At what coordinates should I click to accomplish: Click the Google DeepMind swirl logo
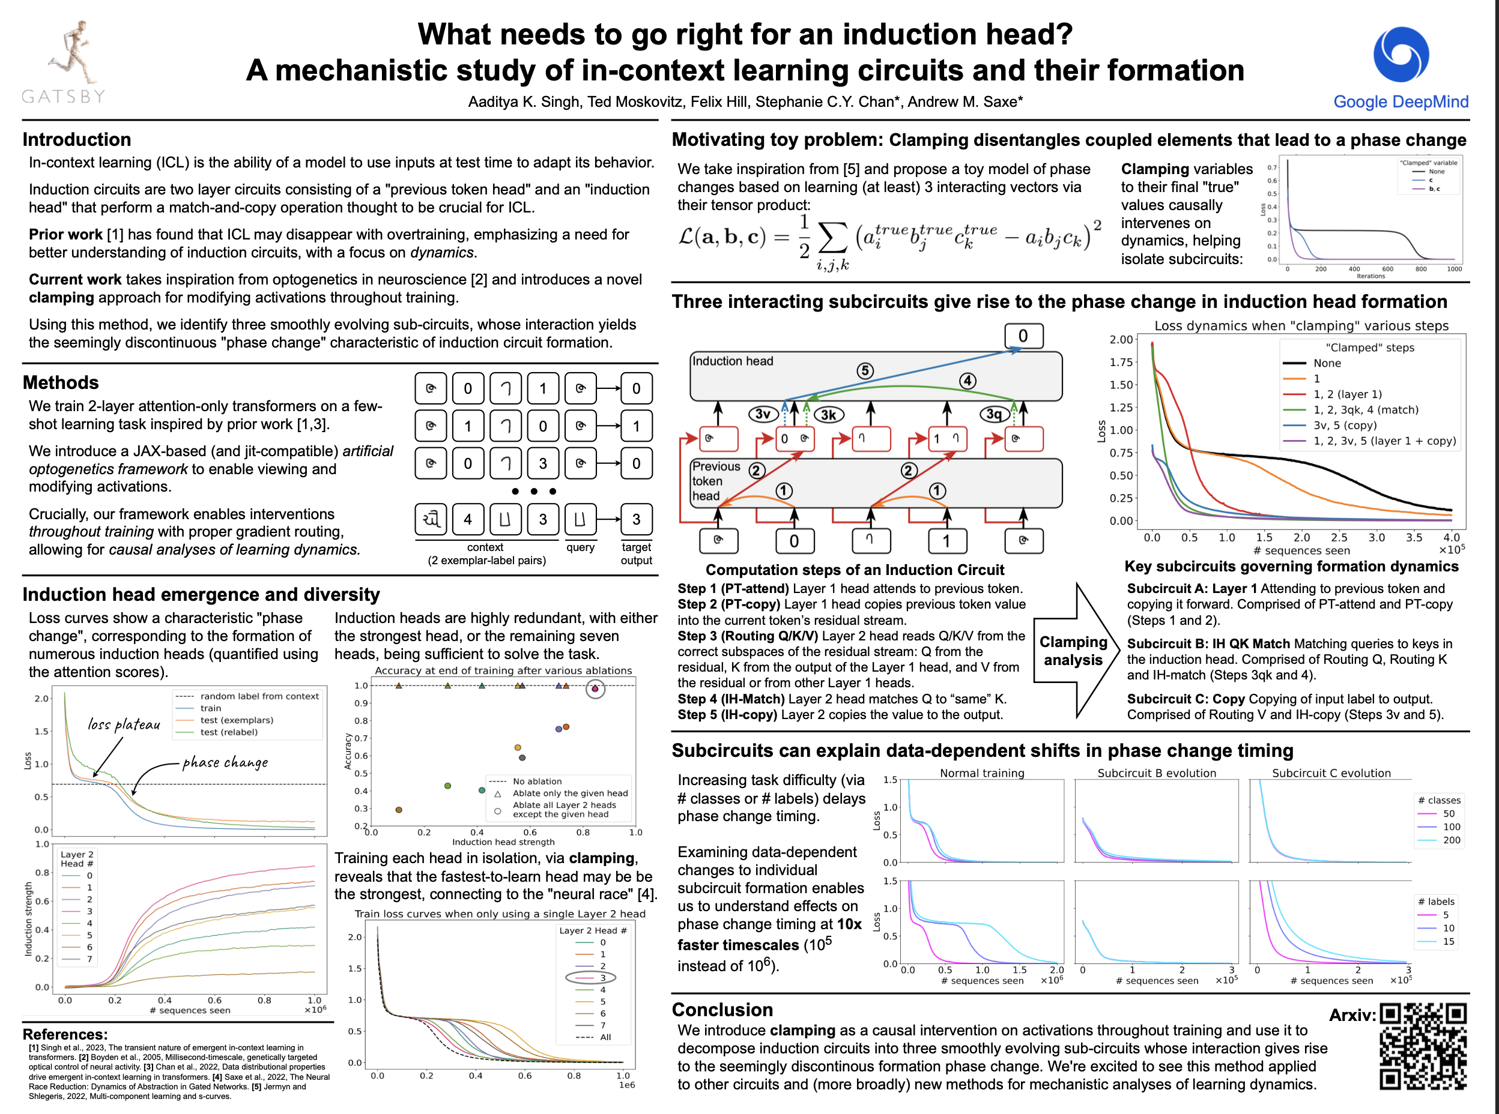(1401, 55)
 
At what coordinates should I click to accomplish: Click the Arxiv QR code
(1423, 1046)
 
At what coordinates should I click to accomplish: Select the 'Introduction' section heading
(77, 140)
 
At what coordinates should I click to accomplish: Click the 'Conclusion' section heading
(722, 1010)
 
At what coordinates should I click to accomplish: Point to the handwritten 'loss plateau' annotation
(124, 724)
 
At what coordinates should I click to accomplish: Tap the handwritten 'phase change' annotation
(225, 763)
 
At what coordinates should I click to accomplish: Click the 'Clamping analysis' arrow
(1073, 651)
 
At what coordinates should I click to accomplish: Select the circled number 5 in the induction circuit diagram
(865, 370)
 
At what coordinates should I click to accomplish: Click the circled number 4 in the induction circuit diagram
(968, 381)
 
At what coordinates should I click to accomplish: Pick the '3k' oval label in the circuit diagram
(828, 415)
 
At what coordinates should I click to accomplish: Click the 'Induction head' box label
(733, 361)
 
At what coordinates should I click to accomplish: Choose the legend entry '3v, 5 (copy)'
(1345, 426)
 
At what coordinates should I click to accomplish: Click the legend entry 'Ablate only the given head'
(569, 793)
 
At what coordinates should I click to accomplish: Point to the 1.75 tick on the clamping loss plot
(1121, 362)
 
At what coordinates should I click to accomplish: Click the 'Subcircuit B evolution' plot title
(1156, 774)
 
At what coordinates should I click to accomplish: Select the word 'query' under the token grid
(580, 547)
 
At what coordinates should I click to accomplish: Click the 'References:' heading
(65, 1034)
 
